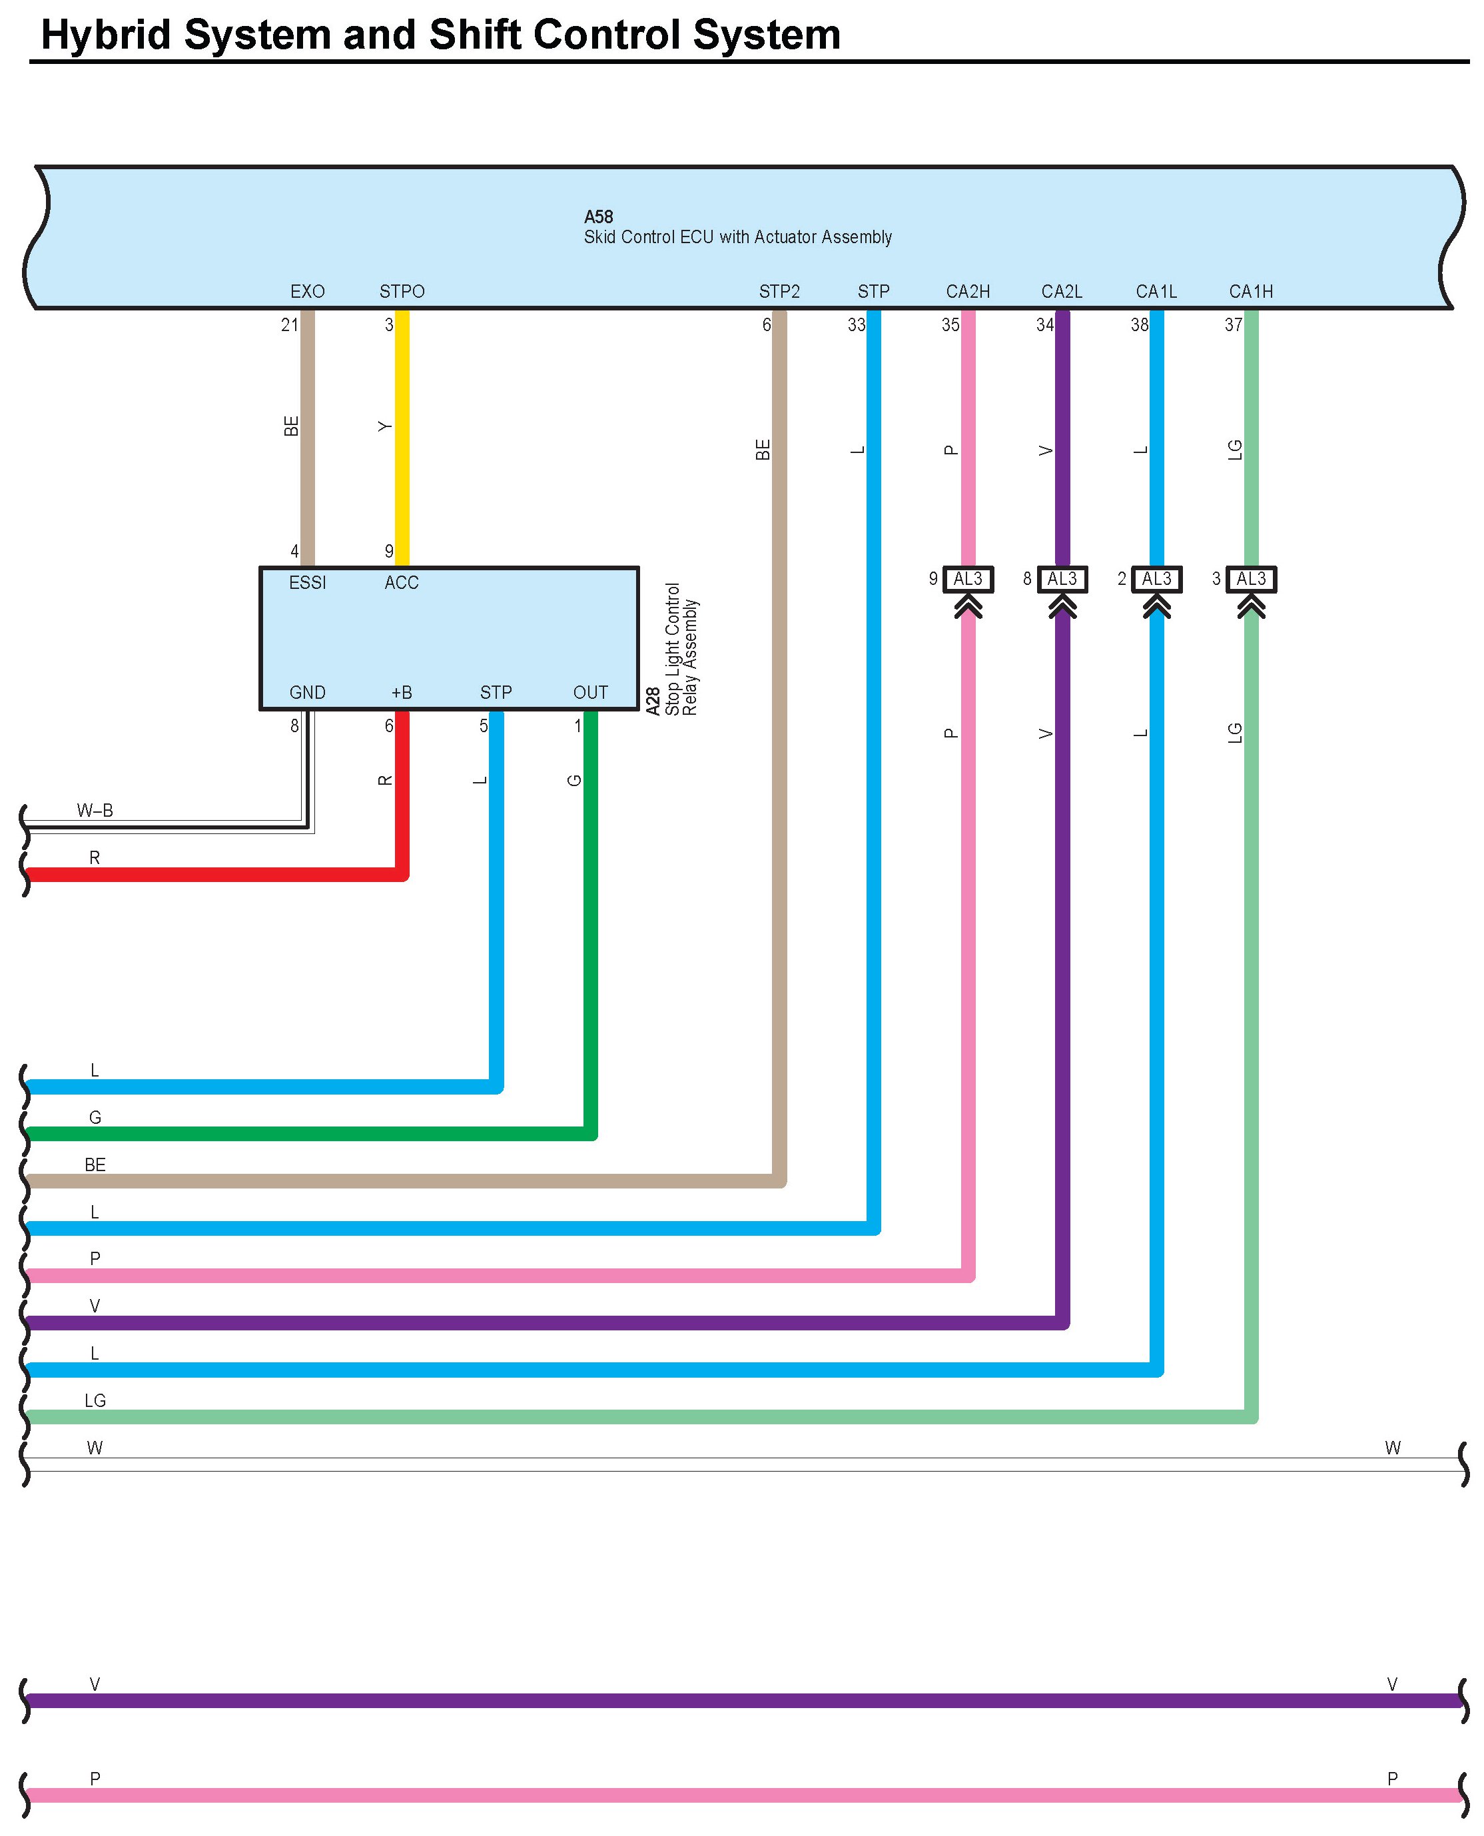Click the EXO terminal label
[x=307, y=292]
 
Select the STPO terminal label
[x=402, y=292]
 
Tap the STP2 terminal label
[x=779, y=292]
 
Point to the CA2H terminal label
[x=968, y=292]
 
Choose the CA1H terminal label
[x=1251, y=292]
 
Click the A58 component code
[x=598, y=217]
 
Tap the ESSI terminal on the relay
[x=307, y=583]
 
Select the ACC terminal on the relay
[x=401, y=583]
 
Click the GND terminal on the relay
[x=307, y=692]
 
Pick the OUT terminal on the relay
[x=590, y=692]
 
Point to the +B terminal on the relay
[x=401, y=692]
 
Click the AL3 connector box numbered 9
[x=968, y=580]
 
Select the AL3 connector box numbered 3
[x=1251, y=580]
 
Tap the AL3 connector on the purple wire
[x=1062, y=580]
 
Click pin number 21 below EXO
[x=290, y=325]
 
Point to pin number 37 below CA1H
[x=1233, y=325]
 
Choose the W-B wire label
[x=95, y=810]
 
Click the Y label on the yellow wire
[x=386, y=426]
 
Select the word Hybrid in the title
[x=106, y=35]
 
